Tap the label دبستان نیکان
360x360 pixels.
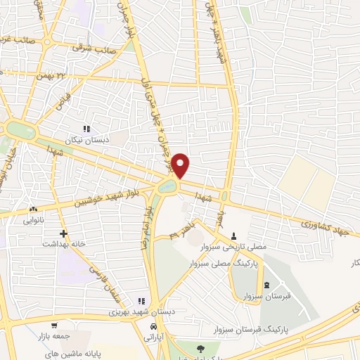pyautogui.click(x=89, y=139)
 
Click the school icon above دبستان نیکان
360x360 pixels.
pyautogui.click(x=87, y=129)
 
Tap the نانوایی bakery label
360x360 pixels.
pyautogui.click(x=32, y=220)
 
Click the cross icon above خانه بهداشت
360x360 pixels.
pyautogui.click(x=63, y=233)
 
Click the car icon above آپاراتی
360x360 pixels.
pyautogui.click(x=153, y=328)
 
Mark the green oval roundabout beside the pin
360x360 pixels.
pyautogui.click(x=169, y=186)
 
